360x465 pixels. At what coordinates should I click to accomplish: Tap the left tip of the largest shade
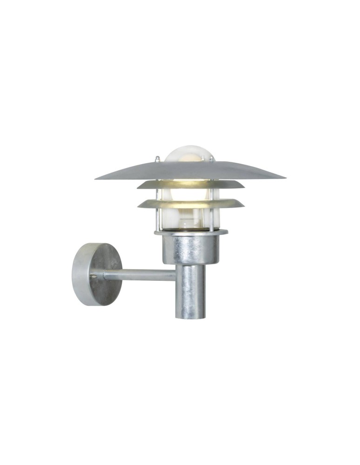click(96, 178)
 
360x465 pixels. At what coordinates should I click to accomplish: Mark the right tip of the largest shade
click(284, 177)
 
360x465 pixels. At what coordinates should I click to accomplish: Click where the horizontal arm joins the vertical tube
click(176, 275)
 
